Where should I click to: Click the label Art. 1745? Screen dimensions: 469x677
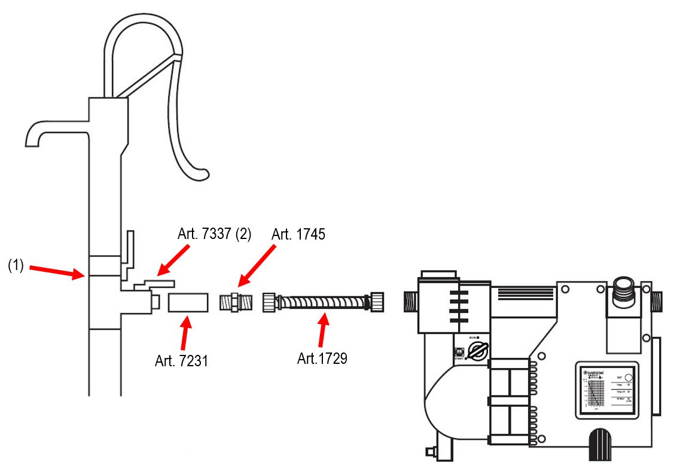pos(298,235)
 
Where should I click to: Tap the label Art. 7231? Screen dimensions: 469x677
pos(181,361)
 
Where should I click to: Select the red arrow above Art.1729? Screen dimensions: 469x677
pos(323,332)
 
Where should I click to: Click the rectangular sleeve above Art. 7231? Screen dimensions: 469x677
pos(188,302)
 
